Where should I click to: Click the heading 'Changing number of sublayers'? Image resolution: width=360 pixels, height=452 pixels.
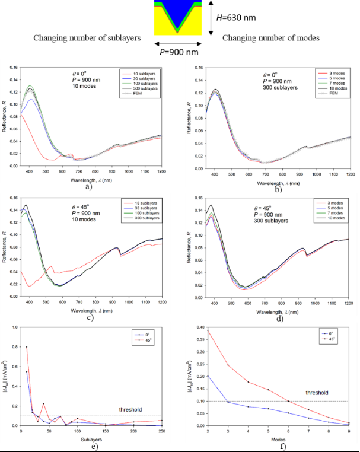[x=87, y=38]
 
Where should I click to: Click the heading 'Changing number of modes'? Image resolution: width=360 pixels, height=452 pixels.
[x=270, y=38]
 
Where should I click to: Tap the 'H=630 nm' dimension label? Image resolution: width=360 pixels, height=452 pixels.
[x=237, y=17]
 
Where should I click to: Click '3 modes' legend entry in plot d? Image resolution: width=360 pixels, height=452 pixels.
[x=321, y=202]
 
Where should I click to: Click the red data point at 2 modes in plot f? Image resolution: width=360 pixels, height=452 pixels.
[x=206, y=330]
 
